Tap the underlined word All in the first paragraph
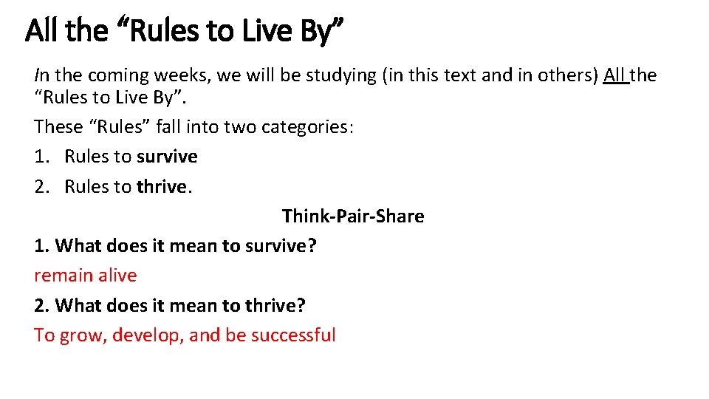pyautogui.click(x=616, y=75)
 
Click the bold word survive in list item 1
pyautogui.click(x=167, y=157)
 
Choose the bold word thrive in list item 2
pyautogui.click(x=162, y=186)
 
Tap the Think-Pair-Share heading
pyautogui.click(x=353, y=216)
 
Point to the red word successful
pyautogui.click(x=293, y=335)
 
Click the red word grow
pyautogui.click(x=83, y=335)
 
